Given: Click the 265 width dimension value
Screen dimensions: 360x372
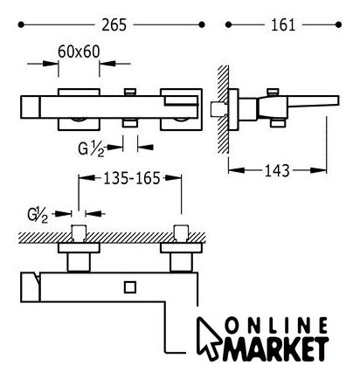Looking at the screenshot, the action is click(114, 25).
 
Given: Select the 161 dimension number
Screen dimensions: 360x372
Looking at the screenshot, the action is click(283, 25).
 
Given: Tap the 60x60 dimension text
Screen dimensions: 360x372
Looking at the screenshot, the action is click(79, 52).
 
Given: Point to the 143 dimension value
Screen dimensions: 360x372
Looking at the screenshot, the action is click(277, 170).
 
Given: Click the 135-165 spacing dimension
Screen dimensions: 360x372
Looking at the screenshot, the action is click(132, 178).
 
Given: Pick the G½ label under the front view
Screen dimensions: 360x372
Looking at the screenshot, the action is click(91, 148).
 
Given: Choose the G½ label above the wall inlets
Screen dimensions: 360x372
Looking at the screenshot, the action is click(38, 215).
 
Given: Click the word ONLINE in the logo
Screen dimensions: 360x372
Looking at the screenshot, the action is click(277, 326).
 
